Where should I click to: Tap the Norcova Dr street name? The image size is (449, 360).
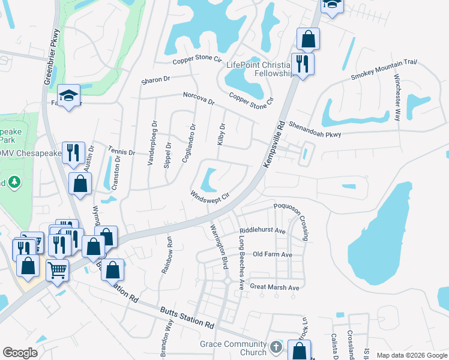198,98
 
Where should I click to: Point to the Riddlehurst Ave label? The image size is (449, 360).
262,230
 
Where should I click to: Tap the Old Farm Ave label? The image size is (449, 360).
272,254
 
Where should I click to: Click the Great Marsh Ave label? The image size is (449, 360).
274,287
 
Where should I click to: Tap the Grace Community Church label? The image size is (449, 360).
234,348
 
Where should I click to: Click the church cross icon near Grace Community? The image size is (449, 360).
276,347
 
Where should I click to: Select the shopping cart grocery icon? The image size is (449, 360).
57,269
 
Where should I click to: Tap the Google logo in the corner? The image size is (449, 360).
20,353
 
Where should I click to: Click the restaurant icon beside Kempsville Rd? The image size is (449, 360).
301,63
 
